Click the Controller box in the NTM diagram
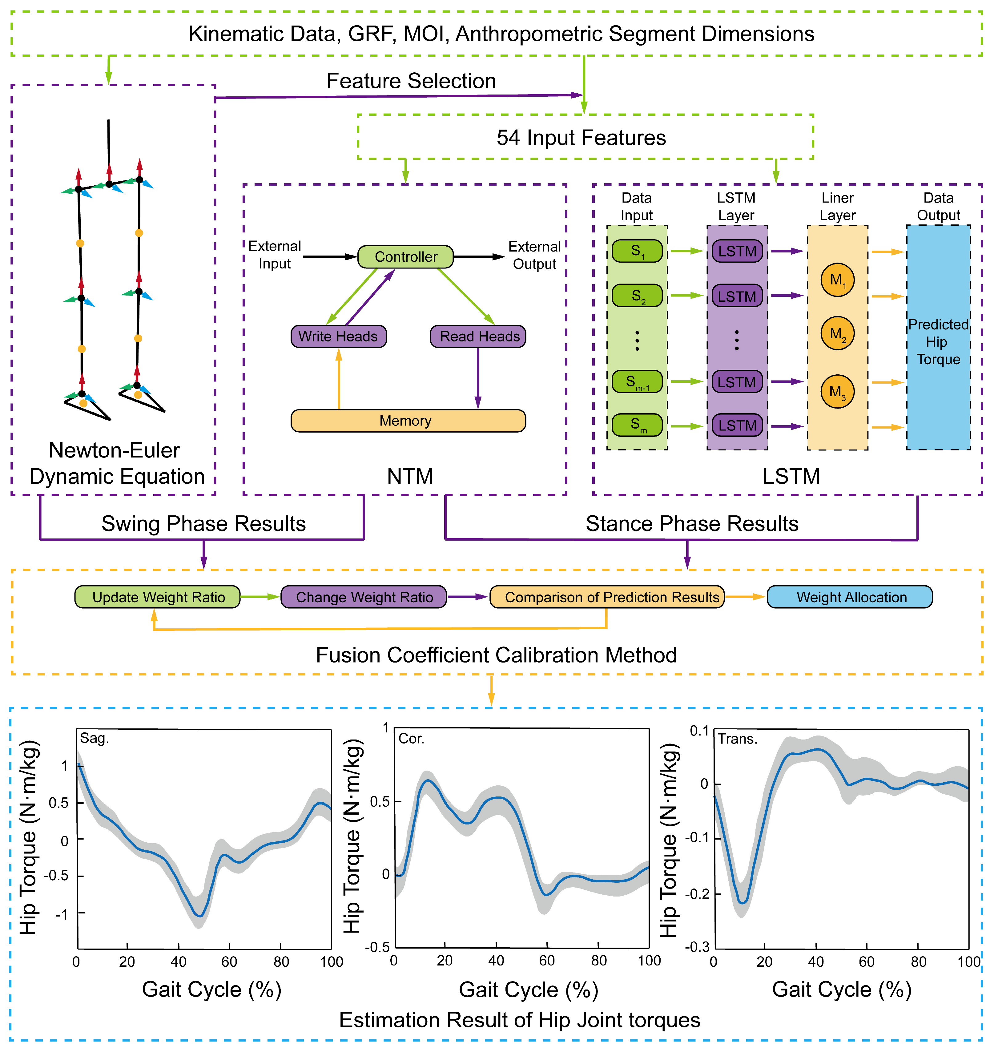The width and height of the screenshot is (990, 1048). (405, 257)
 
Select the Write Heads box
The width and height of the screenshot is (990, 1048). (338, 336)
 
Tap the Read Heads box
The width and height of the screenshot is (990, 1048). (478, 336)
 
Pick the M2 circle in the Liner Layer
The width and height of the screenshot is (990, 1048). (837, 333)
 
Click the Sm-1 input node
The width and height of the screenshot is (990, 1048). (637, 381)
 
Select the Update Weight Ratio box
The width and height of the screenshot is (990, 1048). (158, 597)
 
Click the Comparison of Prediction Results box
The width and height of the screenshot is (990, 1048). (607, 597)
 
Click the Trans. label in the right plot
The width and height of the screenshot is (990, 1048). (737, 739)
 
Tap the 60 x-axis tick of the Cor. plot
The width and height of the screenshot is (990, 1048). (547, 960)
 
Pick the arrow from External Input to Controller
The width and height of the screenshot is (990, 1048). (330, 257)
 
